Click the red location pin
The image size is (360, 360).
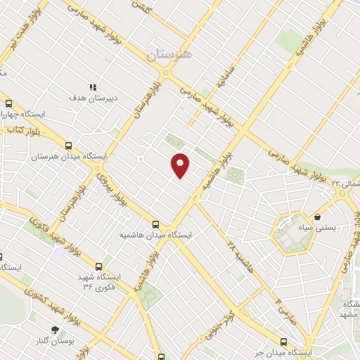tap(181, 165)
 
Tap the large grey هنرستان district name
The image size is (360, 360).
tap(169, 53)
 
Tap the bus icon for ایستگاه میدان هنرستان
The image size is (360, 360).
tap(68, 146)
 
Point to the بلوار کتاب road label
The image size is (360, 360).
tap(23, 130)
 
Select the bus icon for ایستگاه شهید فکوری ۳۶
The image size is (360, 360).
tap(98, 266)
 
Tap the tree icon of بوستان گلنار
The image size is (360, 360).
tap(56, 330)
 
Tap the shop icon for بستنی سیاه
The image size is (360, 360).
tap(319, 217)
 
